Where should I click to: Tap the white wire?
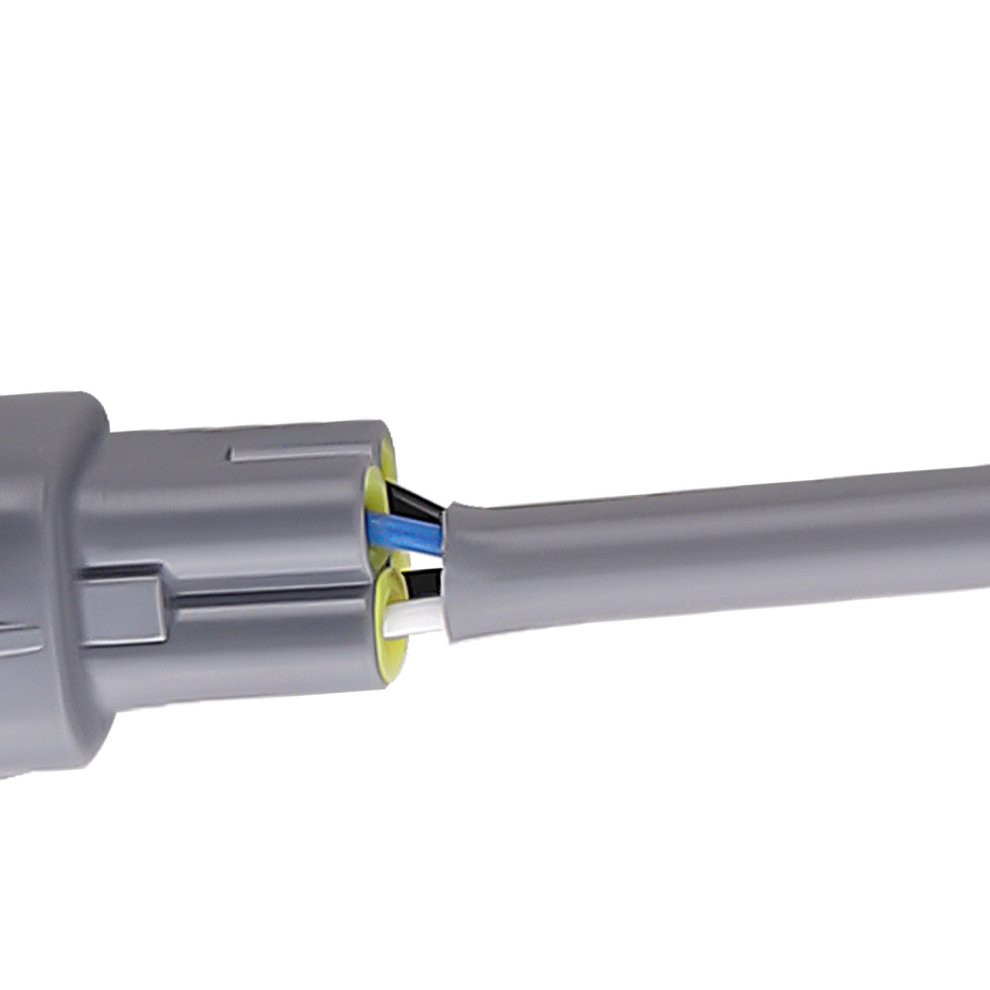coord(416,621)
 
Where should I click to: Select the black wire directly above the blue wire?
coord(416,500)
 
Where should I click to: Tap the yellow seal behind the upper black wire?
coord(387,457)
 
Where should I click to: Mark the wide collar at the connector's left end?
coord(49,574)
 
